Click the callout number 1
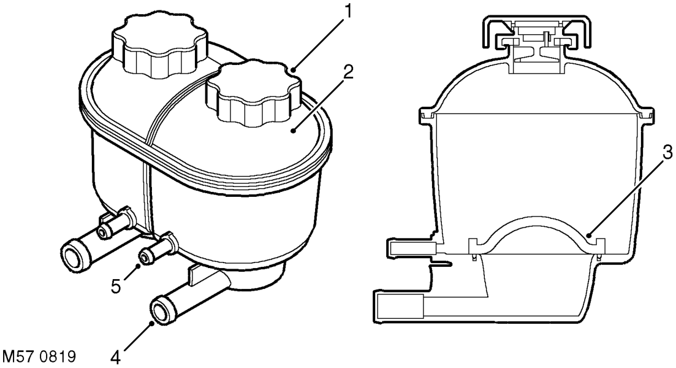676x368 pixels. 346,12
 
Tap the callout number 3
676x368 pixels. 667,151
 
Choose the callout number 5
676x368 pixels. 116,286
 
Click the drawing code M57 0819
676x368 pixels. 39,357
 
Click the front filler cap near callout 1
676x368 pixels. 253,93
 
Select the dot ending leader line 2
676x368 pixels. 293,131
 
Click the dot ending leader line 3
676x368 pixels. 589,236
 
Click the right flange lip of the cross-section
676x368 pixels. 645,116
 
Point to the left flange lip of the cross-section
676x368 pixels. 428,116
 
